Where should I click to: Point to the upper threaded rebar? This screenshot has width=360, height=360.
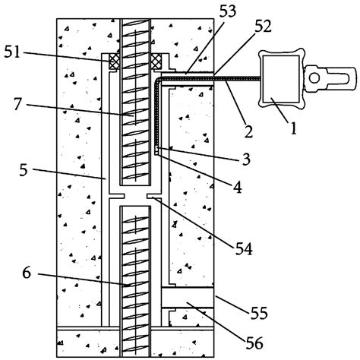click(135, 106)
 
